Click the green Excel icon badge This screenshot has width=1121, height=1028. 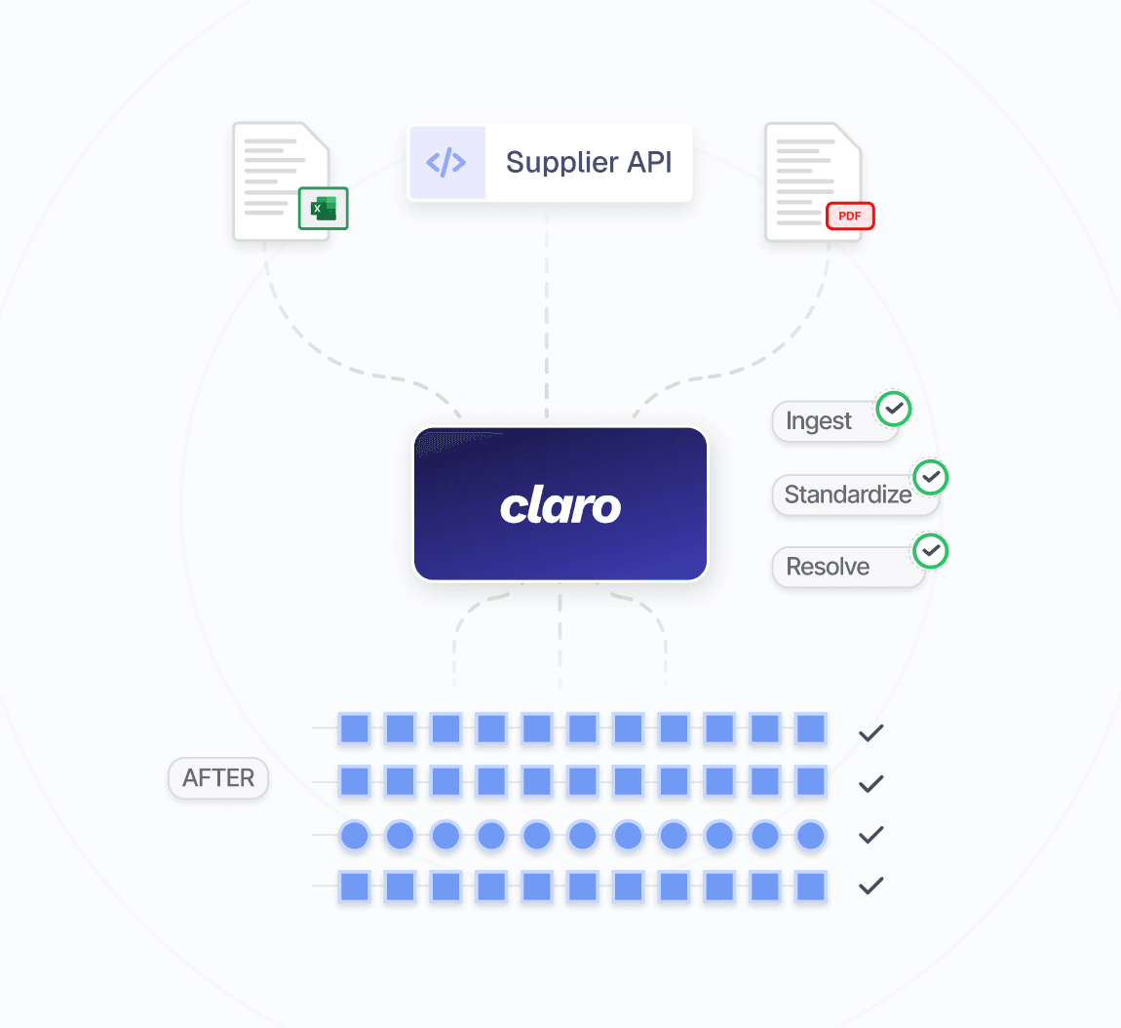pos(323,209)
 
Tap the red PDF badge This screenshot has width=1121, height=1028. pos(850,216)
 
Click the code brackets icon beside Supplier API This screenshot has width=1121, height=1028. pos(446,162)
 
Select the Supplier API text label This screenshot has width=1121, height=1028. pos(589,162)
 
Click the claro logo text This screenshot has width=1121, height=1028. pos(560,505)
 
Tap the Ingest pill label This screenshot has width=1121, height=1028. pos(819,421)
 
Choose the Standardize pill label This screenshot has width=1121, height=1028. pos(847,494)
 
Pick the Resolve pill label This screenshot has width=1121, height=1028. pos(828,567)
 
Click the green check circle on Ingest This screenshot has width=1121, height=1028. pos(894,409)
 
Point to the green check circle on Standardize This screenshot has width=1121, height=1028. pos(931,477)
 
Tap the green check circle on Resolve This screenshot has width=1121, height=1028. pos(931,551)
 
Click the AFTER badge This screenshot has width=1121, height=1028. pos(218,778)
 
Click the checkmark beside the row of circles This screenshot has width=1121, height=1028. pos(870,835)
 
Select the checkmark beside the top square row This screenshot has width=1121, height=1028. pos(870,732)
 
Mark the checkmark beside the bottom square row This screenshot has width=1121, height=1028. pos(870,886)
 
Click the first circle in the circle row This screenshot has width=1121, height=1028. pos(354,835)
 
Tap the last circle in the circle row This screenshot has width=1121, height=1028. pos(811,835)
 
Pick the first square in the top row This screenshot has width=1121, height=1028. pos(354,729)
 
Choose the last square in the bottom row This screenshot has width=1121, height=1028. pos(811,886)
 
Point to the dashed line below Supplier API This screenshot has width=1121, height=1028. pos(547,312)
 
